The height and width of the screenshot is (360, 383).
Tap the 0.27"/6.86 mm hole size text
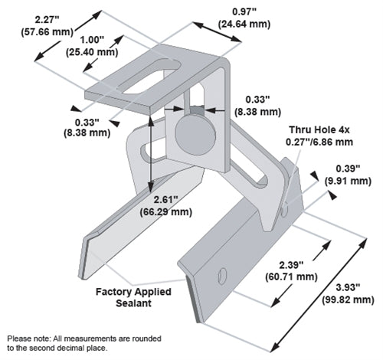point(316,142)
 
